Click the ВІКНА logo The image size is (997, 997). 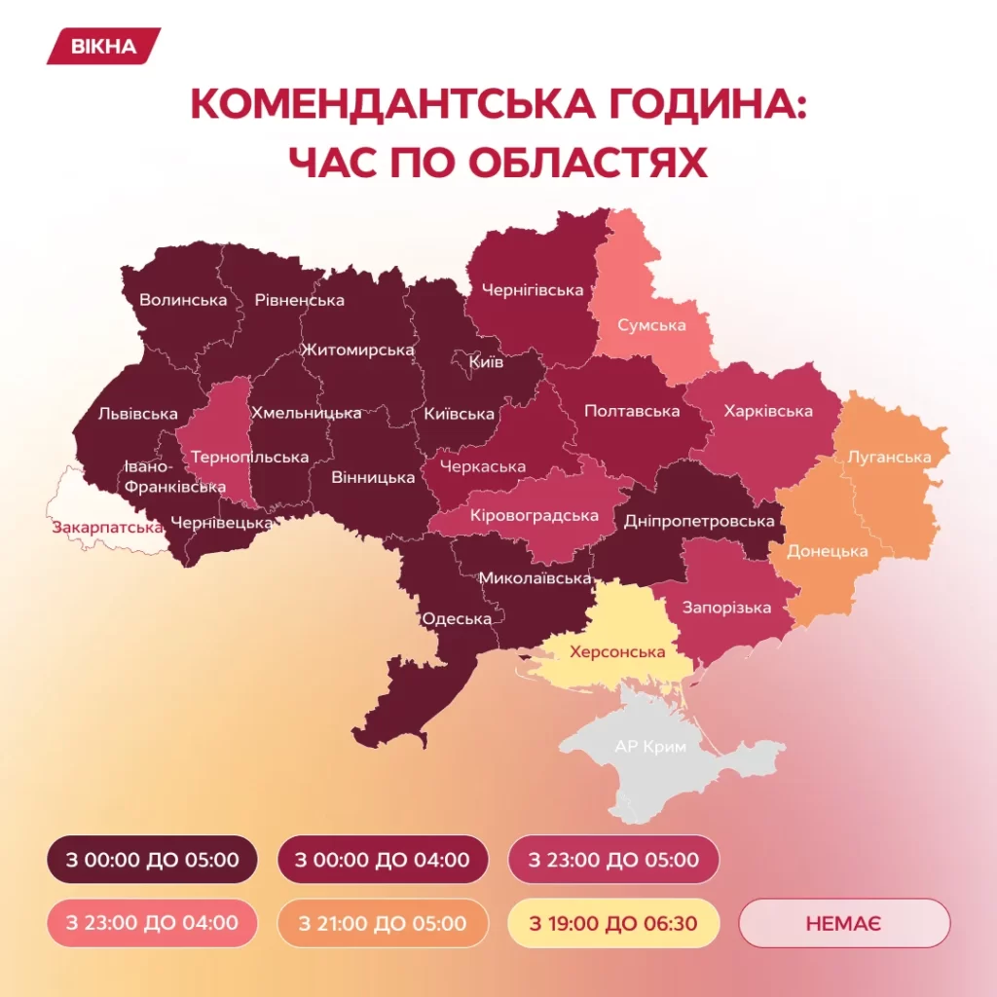(103, 46)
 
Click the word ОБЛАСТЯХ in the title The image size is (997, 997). (588, 162)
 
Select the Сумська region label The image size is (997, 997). (651, 325)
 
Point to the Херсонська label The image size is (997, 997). (617, 652)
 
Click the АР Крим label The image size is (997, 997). (650, 748)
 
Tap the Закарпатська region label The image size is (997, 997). (107, 527)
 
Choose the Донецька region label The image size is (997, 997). (828, 551)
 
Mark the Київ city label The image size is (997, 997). (486, 362)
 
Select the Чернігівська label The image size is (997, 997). (533, 290)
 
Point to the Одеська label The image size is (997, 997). (457, 618)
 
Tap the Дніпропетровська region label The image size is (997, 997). (699, 521)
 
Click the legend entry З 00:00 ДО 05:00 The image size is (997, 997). (152, 860)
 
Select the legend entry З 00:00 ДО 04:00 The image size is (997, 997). (383, 860)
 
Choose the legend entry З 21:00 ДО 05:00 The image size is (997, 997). (383, 922)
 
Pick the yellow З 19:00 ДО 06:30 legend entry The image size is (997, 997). (613, 922)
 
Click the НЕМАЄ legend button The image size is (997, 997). (844, 922)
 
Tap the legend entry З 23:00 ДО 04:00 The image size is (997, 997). (152, 922)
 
